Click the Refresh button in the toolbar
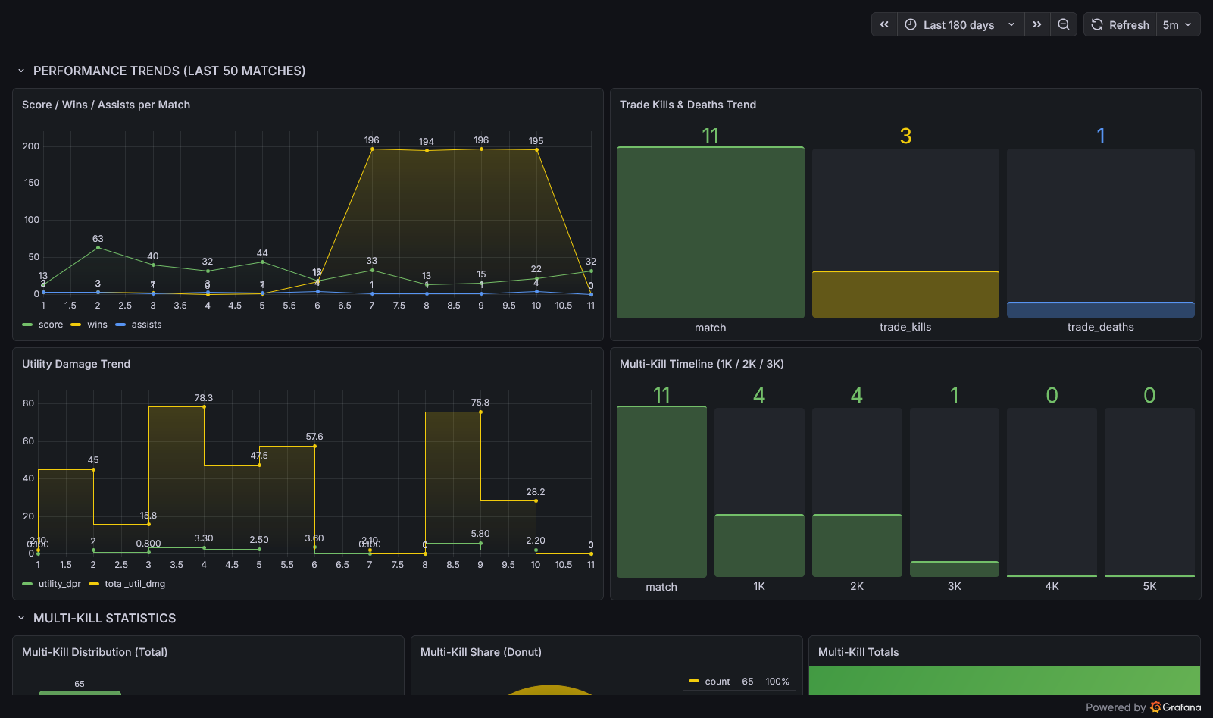(1120, 25)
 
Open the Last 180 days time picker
(959, 25)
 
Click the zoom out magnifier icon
(1064, 25)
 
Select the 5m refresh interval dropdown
(1177, 25)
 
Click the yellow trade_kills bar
(905, 294)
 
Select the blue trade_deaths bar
(1100, 309)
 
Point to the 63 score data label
(98, 239)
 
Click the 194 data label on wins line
(427, 142)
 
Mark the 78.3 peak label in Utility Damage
(204, 398)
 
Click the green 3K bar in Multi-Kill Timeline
(954, 569)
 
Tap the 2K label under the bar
(857, 586)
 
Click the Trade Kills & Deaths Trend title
(687, 105)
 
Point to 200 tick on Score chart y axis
(31, 146)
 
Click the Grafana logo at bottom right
(1176, 707)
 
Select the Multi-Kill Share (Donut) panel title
(480, 652)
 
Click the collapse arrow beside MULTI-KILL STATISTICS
(21, 619)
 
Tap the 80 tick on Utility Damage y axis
(29, 403)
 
